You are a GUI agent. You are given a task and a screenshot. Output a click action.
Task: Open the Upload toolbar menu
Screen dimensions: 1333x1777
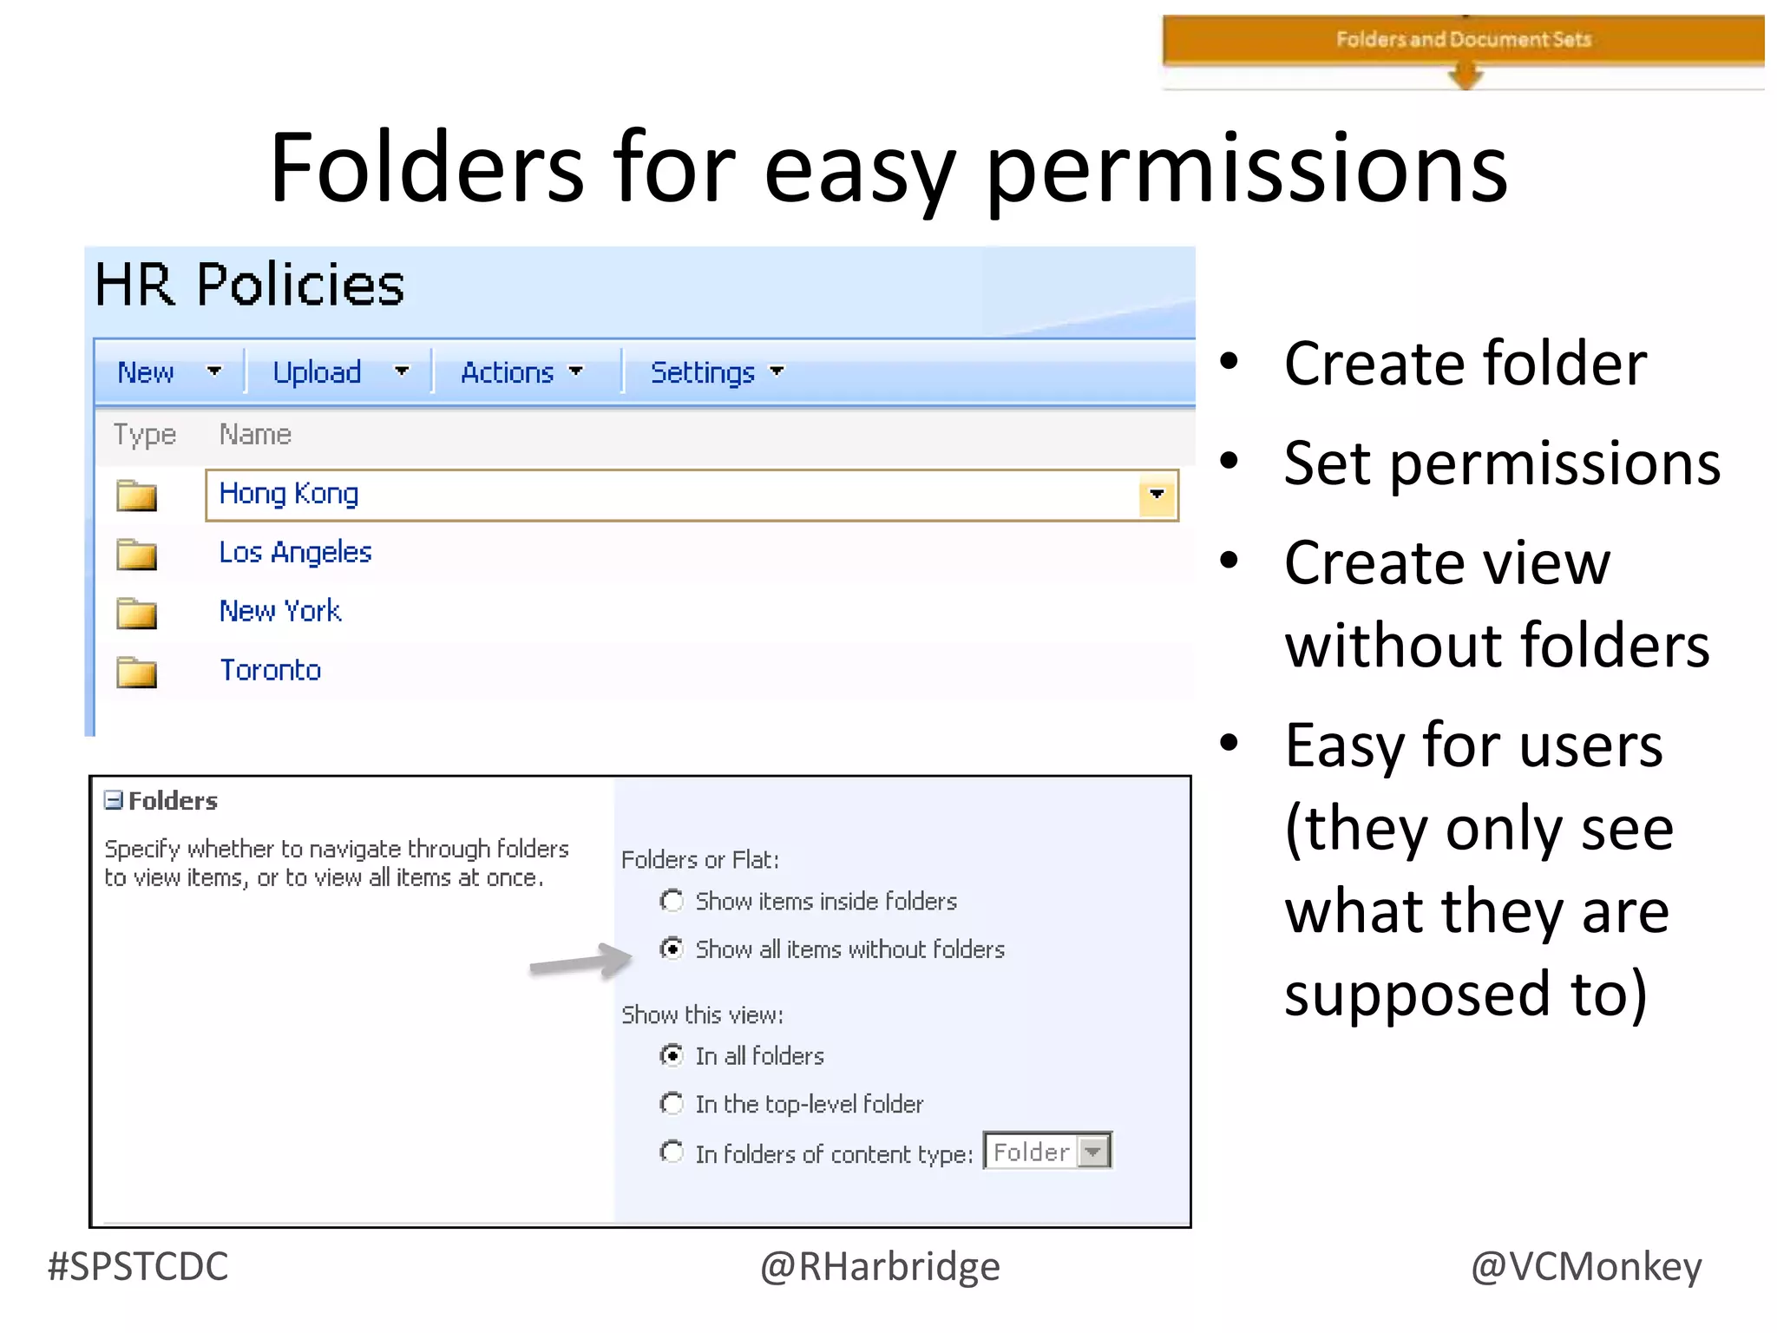(x=338, y=372)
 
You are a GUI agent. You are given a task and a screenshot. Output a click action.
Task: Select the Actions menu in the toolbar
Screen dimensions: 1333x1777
(x=521, y=372)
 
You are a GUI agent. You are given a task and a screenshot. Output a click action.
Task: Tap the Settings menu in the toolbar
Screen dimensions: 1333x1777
(x=717, y=372)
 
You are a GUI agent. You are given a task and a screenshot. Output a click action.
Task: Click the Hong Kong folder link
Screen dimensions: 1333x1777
(x=289, y=493)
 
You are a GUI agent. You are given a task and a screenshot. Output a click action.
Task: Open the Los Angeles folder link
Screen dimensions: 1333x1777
(x=295, y=552)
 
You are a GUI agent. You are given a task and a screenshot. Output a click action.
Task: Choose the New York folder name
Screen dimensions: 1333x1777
(x=280, y=611)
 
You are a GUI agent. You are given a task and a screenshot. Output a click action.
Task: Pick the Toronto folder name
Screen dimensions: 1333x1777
(x=270, y=670)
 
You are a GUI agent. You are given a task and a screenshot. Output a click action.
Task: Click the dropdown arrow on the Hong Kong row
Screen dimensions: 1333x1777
(x=1157, y=495)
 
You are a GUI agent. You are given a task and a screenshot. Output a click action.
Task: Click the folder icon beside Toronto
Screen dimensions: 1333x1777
(x=136, y=672)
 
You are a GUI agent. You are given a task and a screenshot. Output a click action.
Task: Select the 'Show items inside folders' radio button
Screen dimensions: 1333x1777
(x=672, y=901)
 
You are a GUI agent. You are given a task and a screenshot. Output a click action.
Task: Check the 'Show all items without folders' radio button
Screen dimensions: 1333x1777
(x=672, y=949)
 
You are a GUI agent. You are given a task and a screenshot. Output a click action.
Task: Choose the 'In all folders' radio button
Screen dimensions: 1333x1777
(x=672, y=1055)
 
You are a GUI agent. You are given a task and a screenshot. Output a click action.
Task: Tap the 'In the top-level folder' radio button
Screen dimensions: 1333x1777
(x=672, y=1103)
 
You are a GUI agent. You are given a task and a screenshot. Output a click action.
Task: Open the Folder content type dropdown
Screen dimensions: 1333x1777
(x=1093, y=1152)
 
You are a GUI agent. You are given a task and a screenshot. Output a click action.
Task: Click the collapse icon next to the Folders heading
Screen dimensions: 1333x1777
(x=114, y=800)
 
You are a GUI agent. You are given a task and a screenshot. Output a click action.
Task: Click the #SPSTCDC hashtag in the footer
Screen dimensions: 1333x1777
(x=138, y=1266)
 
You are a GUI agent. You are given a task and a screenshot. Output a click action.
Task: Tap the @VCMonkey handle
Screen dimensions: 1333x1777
(x=1586, y=1266)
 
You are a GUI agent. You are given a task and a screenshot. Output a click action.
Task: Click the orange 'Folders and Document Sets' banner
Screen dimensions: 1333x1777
(x=1463, y=40)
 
